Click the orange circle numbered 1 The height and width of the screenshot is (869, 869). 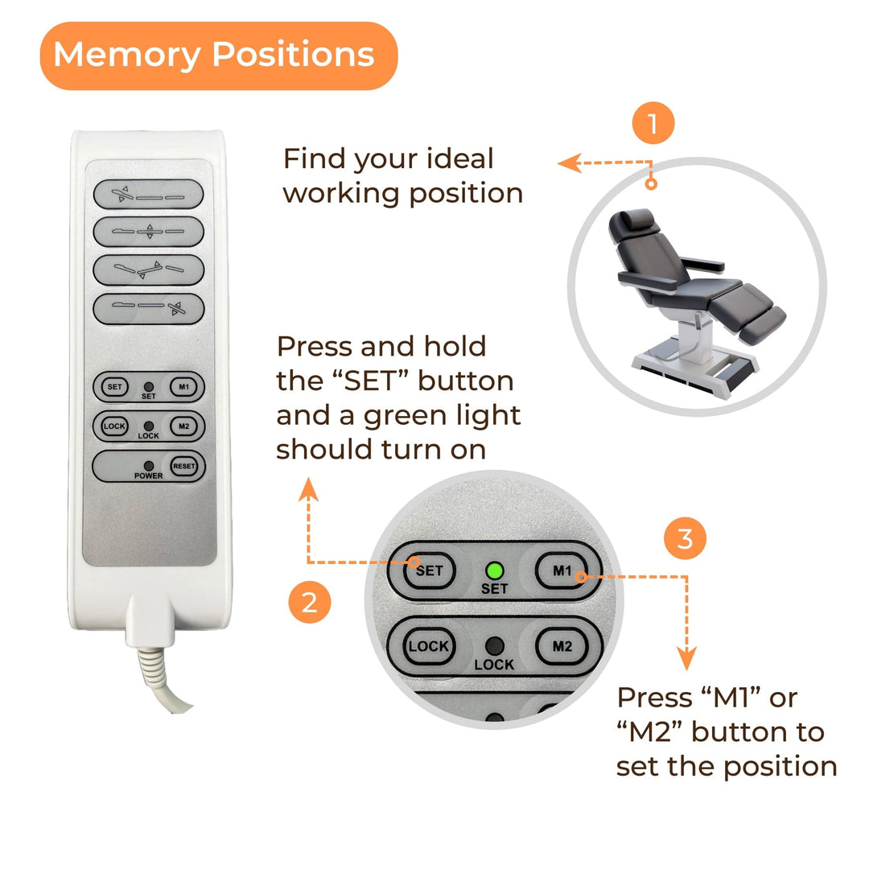(x=653, y=122)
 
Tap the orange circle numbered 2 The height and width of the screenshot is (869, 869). (x=309, y=602)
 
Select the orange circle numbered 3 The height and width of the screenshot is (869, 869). (x=685, y=538)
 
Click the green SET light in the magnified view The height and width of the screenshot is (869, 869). (x=494, y=570)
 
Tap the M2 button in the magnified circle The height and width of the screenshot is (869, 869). (x=562, y=646)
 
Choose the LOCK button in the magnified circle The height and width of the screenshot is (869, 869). (x=428, y=646)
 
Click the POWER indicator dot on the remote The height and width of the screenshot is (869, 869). (x=149, y=466)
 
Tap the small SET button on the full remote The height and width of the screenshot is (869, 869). (x=115, y=387)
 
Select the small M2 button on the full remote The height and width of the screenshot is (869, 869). (x=184, y=426)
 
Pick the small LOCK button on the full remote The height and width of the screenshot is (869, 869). (x=115, y=426)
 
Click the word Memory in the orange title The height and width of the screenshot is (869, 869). (x=127, y=56)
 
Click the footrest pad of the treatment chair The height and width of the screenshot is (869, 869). (x=763, y=324)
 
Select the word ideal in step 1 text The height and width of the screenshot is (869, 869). (x=459, y=159)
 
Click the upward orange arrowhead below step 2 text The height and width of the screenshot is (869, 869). (x=309, y=489)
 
